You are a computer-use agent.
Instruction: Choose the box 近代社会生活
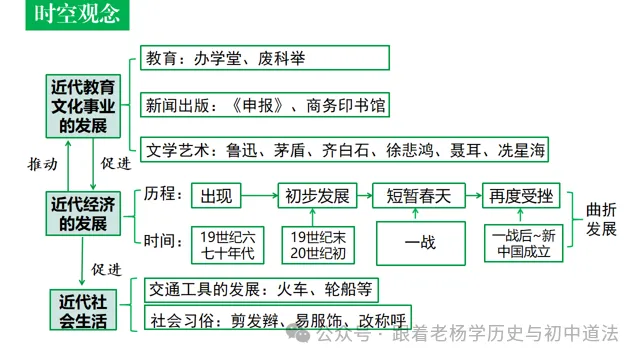pyautogui.click(x=84, y=309)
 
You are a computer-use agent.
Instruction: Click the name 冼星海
pyautogui.click(x=523, y=151)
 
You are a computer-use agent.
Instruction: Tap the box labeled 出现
pyautogui.click(x=218, y=195)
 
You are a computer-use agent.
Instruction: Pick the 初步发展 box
pyautogui.click(x=316, y=195)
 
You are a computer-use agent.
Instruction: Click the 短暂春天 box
pyautogui.click(x=419, y=195)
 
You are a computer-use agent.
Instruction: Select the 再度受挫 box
pyautogui.click(x=519, y=195)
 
